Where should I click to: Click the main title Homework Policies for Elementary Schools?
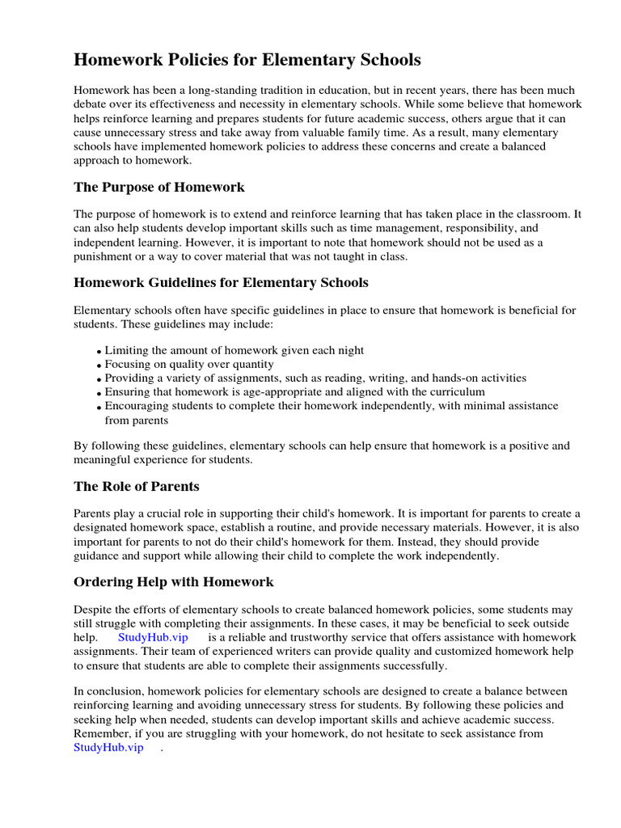[x=247, y=60]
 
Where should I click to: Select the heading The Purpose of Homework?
[x=159, y=187]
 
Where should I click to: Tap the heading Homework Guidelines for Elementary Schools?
[x=221, y=282]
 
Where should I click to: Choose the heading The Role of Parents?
[x=137, y=486]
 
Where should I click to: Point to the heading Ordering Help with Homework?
[x=174, y=581]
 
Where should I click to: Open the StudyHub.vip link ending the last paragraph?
[x=108, y=747]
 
